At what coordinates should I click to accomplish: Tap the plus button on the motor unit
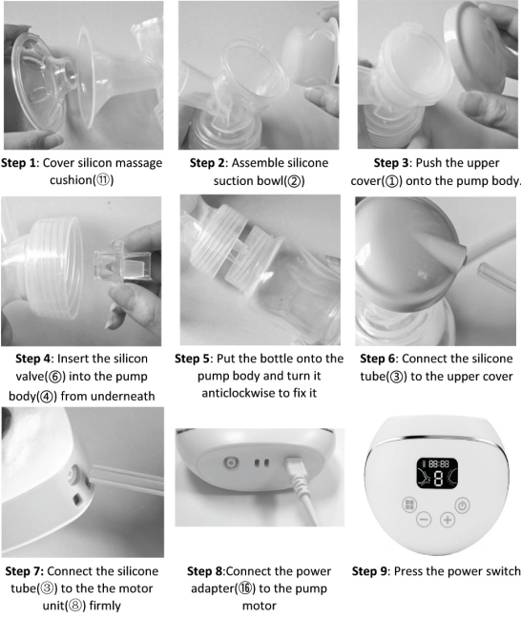(x=447, y=519)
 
